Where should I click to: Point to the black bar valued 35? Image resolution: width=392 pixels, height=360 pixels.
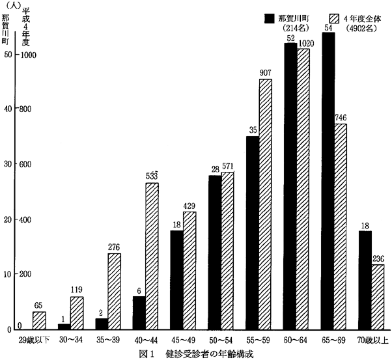coord(253,232)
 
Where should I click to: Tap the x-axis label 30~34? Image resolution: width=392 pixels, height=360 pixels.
coord(70,339)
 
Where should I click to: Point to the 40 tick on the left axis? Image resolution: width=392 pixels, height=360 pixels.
coord(7,109)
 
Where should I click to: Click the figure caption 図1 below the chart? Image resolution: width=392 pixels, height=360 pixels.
coord(145,353)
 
